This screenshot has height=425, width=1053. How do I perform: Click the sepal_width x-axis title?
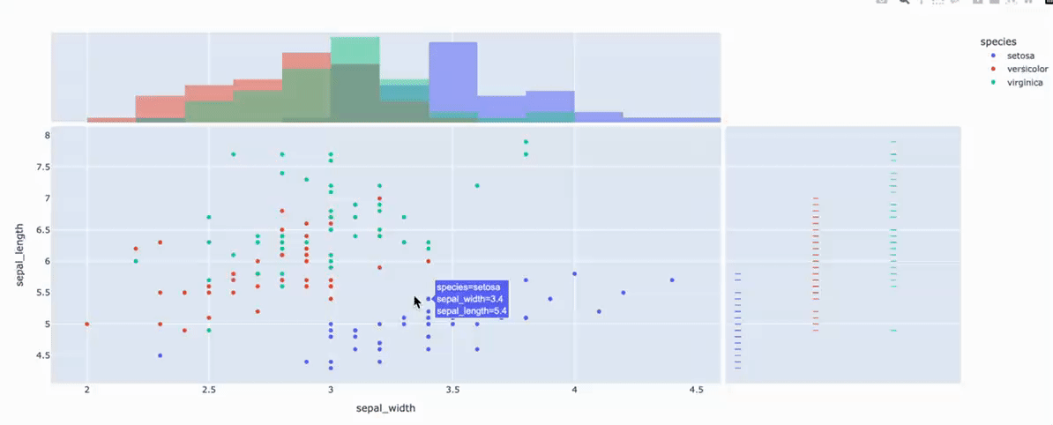pos(385,408)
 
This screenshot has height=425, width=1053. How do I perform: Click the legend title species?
pos(998,41)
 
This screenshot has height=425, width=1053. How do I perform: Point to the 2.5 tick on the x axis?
pos(209,390)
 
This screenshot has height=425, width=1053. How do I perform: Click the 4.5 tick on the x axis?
pos(695,390)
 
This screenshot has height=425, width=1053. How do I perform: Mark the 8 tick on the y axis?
pos(42,136)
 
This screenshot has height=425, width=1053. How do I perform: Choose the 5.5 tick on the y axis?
pos(39,293)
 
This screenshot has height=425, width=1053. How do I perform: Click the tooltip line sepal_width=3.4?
pos(469,299)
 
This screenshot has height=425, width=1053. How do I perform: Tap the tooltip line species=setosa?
pos(467,287)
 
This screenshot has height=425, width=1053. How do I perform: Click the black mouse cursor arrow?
pos(417,302)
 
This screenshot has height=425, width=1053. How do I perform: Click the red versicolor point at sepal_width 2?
pos(87,324)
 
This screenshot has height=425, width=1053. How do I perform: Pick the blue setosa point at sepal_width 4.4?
pos(672,280)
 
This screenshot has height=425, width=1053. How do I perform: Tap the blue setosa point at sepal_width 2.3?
pos(161,355)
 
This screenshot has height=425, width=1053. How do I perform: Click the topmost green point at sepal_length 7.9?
pos(526,142)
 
